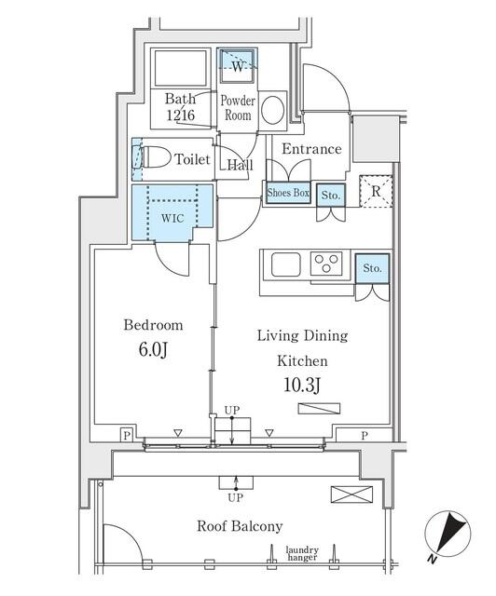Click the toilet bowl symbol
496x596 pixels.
[x=152, y=157]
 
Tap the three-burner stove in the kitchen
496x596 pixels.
[x=326, y=264]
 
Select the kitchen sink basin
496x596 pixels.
[x=286, y=264]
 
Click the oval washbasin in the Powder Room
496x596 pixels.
[x=272, y=110]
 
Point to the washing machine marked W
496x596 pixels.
[x=237, y=65]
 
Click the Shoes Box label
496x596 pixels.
[x=288, y=193]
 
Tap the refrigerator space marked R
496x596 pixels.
[x=376, y=191]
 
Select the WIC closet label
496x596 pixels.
[x=172, y=218]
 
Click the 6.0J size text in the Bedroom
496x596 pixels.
[x=153, y=350]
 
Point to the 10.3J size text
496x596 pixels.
[x=302, y=385]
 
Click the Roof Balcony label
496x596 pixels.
[x=240, y=526]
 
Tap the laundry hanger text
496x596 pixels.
[x=302, y=553]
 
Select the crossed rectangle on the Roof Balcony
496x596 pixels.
[x=351, y=494]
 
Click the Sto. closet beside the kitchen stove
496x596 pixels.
[x=372, y=268]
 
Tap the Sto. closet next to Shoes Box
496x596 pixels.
[x=331, y=196]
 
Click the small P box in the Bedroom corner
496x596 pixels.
[x=127, y=435]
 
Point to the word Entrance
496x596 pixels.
[x=311, y=149]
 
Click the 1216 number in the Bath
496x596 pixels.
[x=181, y=115]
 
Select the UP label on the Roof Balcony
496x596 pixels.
[x=235, y=497]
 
